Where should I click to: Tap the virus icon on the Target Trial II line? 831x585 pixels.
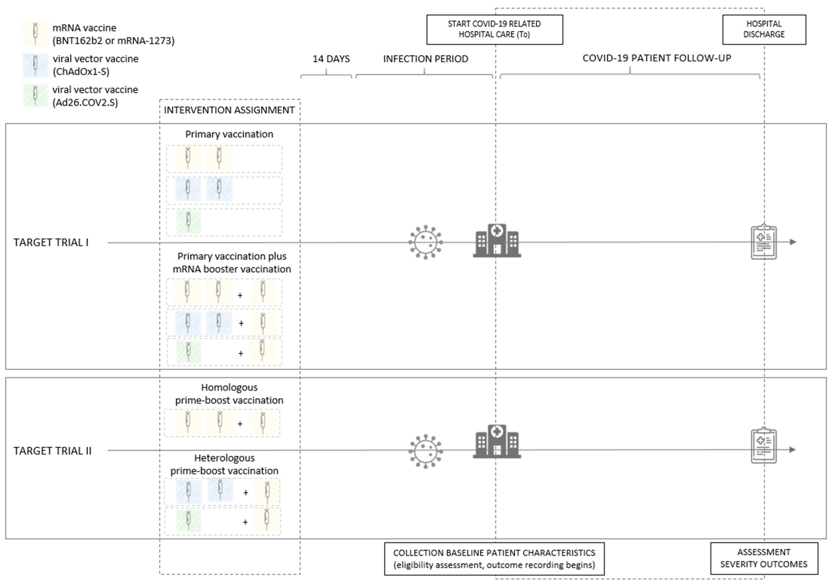point(426,451)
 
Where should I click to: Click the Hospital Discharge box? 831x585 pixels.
point(764,30)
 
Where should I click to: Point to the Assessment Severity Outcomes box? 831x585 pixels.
point(764,558)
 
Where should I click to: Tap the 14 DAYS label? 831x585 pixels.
point(331,59)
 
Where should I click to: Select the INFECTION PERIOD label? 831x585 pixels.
point(426,59)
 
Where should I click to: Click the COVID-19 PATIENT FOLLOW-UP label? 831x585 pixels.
point(657,58)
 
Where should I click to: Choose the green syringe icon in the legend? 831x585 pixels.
point(35,95)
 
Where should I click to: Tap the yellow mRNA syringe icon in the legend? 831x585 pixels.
point(35,34)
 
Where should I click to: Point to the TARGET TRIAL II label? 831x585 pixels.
point(52,451)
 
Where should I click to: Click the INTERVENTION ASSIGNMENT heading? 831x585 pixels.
point(229,110)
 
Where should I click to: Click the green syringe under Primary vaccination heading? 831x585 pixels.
point(188,222)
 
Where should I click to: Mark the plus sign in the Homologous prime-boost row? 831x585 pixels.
point(240,424)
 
